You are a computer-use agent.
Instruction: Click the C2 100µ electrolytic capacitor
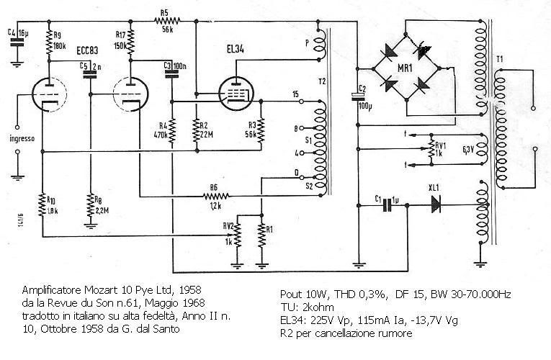357,96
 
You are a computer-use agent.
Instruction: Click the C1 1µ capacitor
389,204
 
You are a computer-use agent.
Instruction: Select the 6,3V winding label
468,150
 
